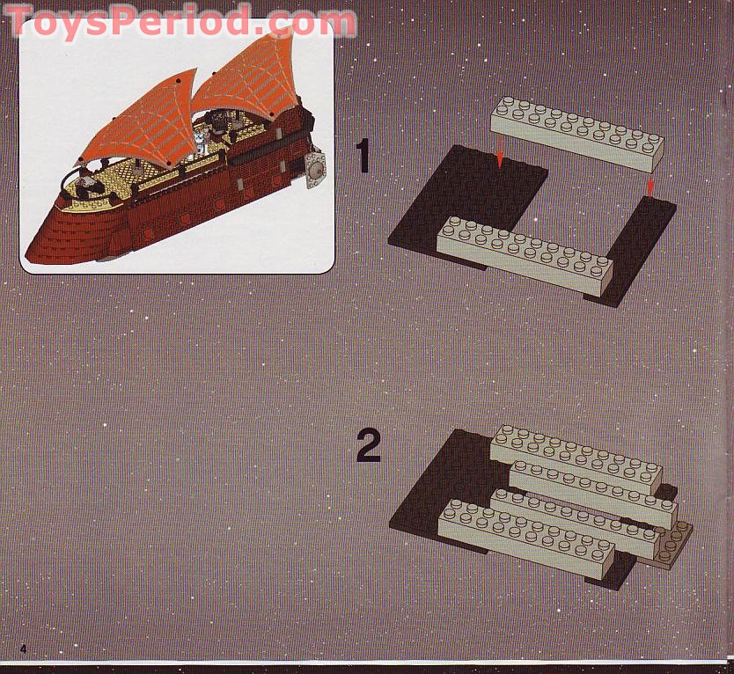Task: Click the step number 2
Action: point(368,447)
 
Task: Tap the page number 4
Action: point(24,649)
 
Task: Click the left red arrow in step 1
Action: point(500,156)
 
